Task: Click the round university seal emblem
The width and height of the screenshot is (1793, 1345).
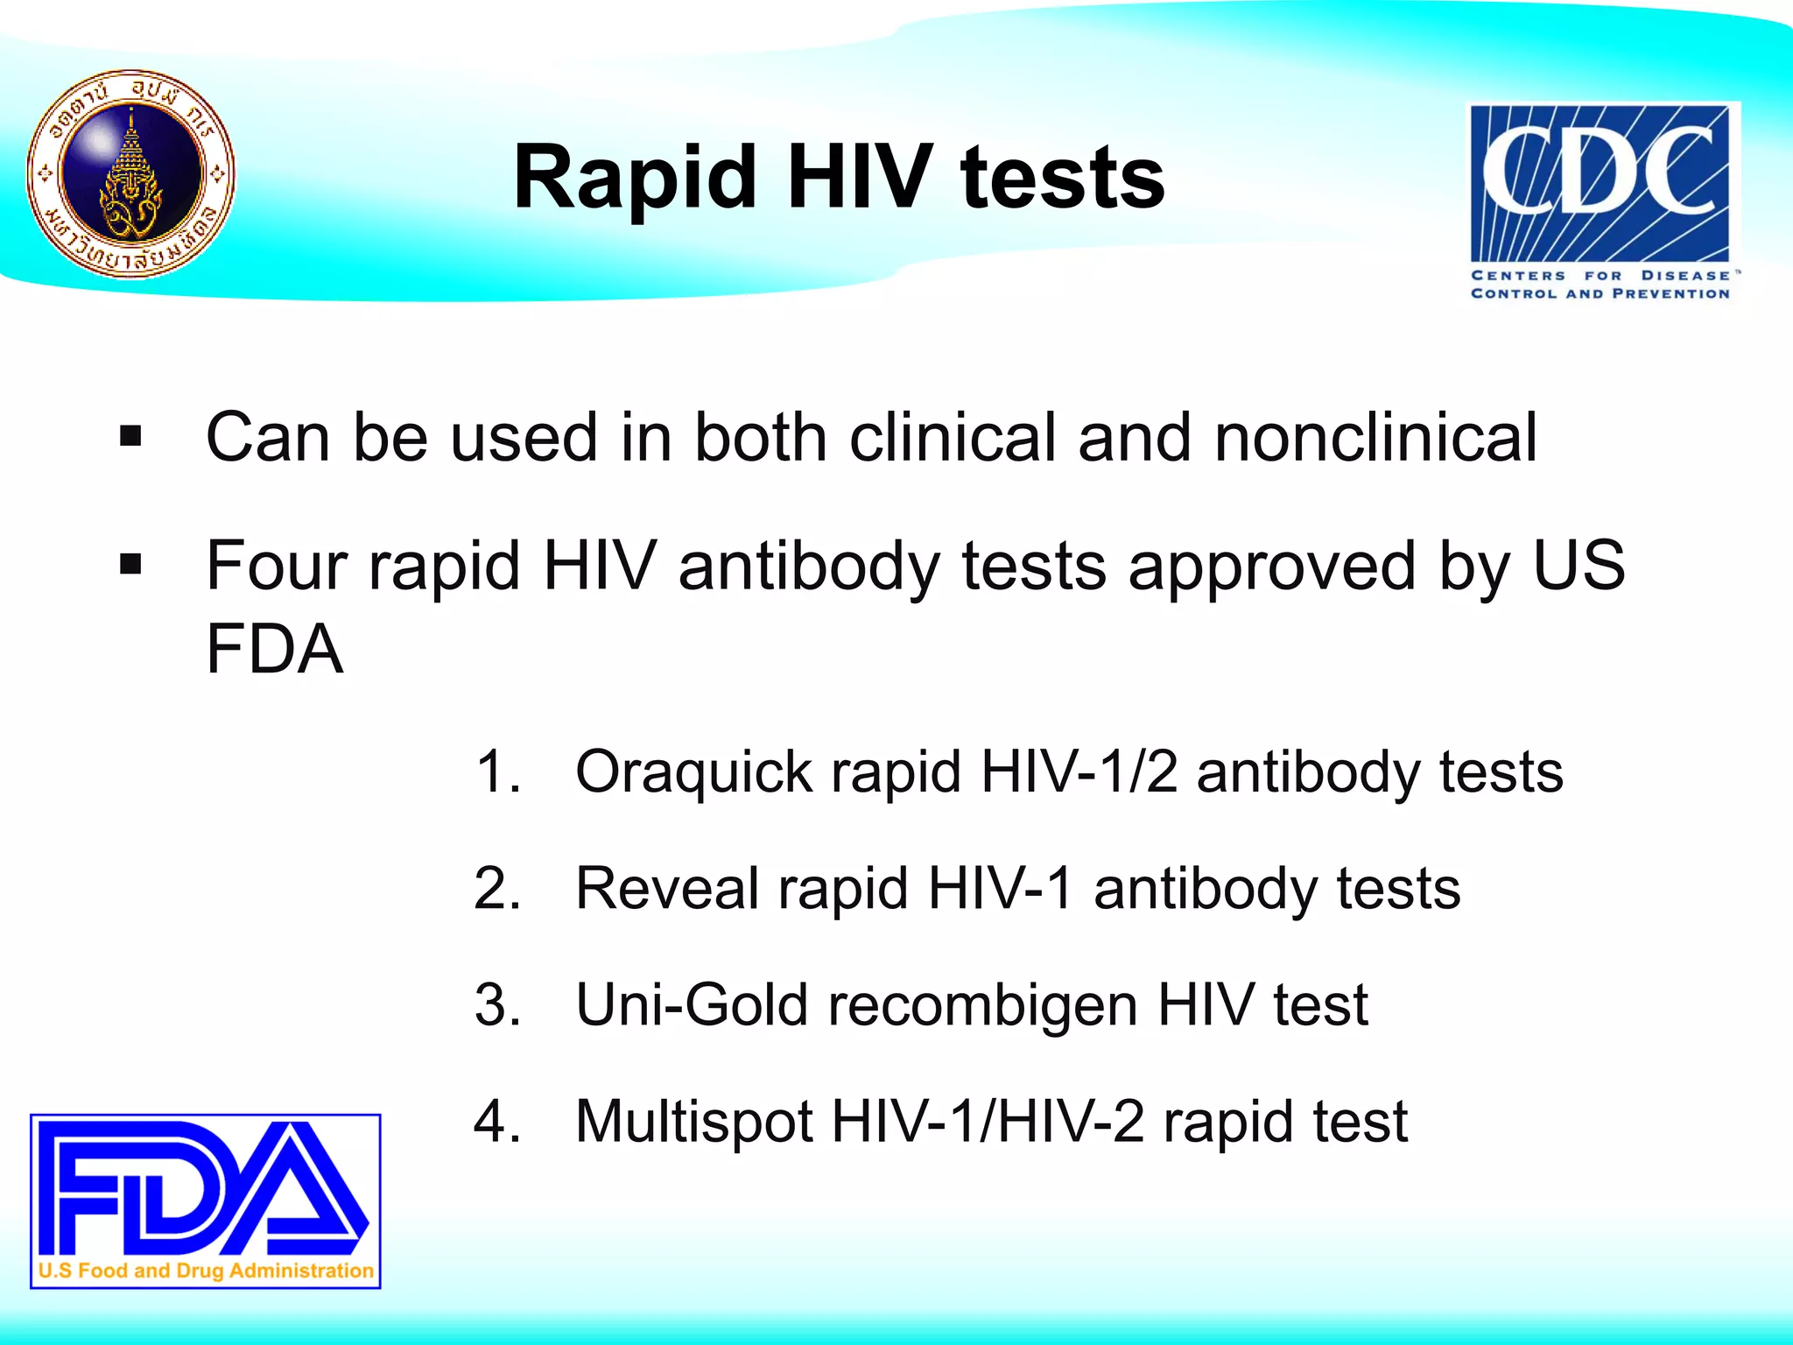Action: [x=131, y=174]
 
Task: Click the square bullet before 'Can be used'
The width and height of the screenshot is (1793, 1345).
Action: [x=130, y=436]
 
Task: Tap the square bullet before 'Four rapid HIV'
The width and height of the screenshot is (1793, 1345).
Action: [x=130, y=565]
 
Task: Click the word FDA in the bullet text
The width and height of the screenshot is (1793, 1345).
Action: [x=274, y=649]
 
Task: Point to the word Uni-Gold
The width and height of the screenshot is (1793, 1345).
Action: [x=692, y=1004]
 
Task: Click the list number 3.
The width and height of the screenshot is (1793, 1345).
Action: [x=496, y=1004]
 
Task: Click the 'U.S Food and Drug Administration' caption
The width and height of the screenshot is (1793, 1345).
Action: [x=206, y=1271]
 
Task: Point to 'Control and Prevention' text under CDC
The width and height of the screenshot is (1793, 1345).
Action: [x=1600, y=294]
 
